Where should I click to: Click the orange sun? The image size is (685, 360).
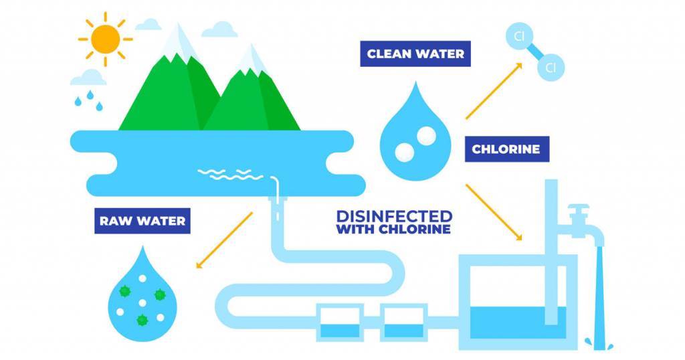click(105, 39)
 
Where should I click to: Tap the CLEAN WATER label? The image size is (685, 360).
click(415, 54)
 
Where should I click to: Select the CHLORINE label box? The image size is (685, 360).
click(507, 149)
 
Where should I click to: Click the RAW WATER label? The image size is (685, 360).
click(142, 221)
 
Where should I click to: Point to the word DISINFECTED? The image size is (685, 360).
click(394, 216)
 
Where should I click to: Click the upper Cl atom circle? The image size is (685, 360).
click(519, 36)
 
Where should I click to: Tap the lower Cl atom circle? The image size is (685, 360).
click(551, 68)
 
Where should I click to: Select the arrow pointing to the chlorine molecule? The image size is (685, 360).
click(494, 91)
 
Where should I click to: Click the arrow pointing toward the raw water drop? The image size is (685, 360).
click(224, 240)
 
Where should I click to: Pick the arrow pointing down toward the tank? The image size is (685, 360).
click(494, 212)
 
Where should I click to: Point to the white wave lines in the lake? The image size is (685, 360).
click(230, 175)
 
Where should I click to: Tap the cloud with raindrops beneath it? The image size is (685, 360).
click(88, 78)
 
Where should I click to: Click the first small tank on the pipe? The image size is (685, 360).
click(340, 323)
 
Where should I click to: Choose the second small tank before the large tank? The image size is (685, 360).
click(403, 323)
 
